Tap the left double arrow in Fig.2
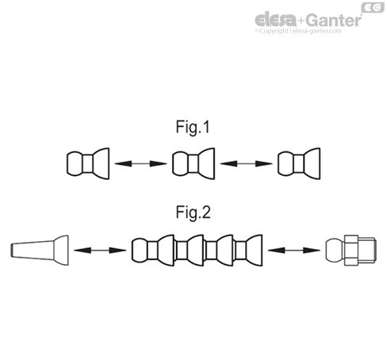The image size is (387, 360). pyautogui.click(x=99, y=251)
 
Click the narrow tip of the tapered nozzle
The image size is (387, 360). pyautogui.click(x=11, y=250)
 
